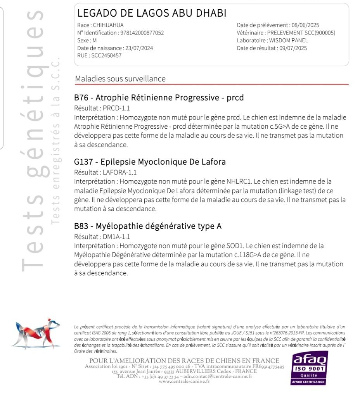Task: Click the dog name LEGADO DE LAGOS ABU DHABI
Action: coord(152,13)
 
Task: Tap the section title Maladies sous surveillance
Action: coord(120,79)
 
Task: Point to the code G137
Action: coord(83,162)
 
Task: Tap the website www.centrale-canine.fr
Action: coord(184,381)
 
